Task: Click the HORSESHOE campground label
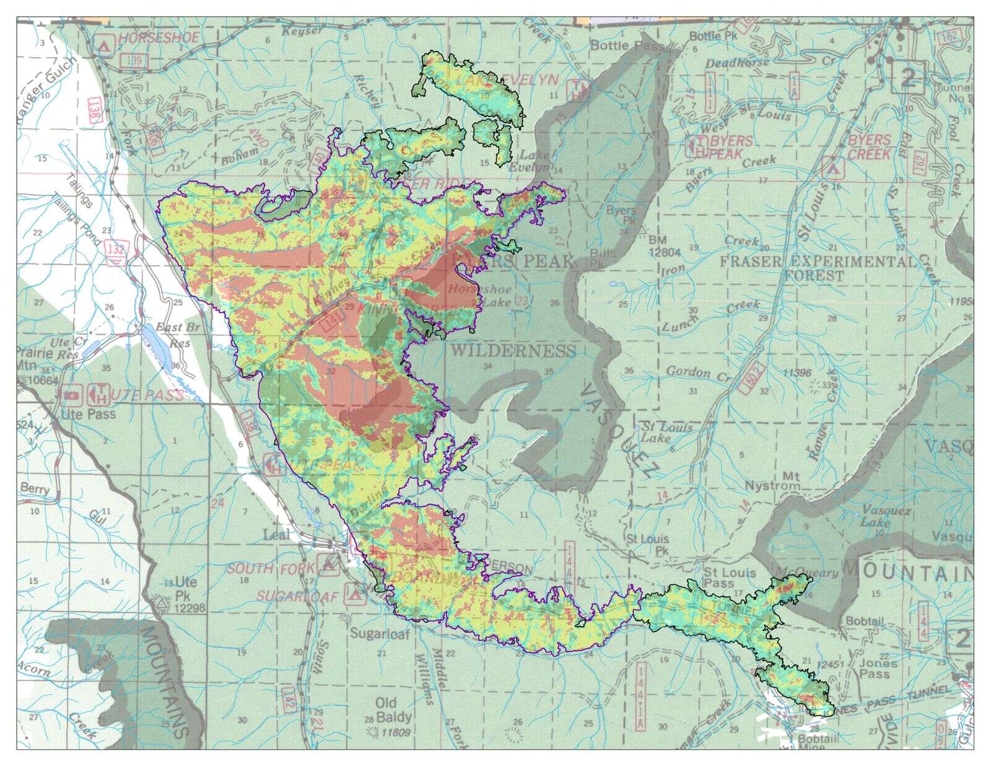159,38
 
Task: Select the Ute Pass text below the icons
88,414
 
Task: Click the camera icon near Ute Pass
72,394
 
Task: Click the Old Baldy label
393,710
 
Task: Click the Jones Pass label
878,668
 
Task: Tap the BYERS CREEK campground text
869,147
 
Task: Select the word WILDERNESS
513,351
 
